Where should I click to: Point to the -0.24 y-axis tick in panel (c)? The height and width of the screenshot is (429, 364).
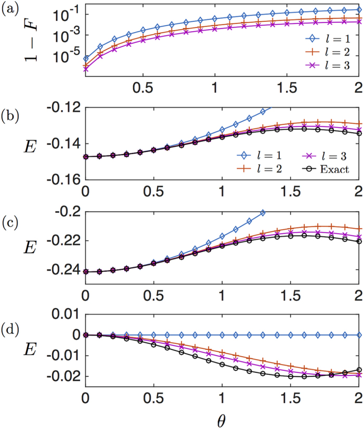click(66, 271)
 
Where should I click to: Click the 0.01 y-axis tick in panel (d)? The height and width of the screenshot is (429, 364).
click(66, 315)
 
